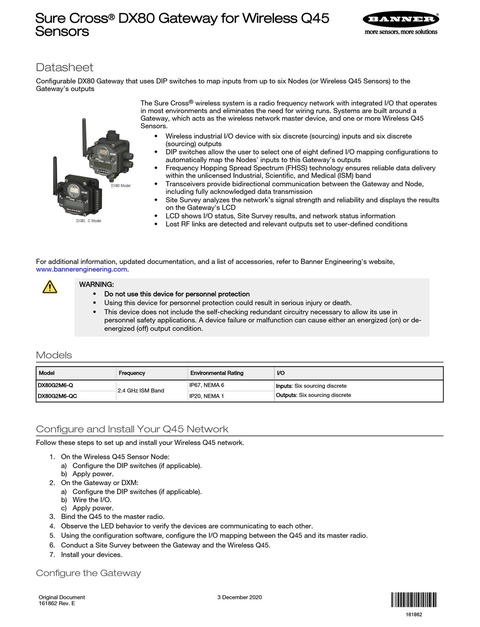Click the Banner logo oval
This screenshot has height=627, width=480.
click(400, 20)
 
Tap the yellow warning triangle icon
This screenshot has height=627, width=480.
click(50, 287)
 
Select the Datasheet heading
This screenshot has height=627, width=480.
click(65, 67)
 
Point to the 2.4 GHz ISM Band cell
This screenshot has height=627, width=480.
click(141, 391)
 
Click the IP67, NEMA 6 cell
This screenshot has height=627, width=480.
click(206, 385)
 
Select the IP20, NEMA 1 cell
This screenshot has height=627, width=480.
click(206, 396)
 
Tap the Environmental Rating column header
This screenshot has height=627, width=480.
click(216, 373)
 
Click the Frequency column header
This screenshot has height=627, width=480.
click(132, 373)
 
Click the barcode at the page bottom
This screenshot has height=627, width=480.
click(413, 600)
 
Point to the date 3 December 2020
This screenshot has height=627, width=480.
click(239, 597)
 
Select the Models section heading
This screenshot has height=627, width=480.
click(54, 355)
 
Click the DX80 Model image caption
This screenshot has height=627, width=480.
click(121, 186)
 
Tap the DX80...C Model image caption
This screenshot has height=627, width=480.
click(88, 221)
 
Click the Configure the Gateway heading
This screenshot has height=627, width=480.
click(88, 573)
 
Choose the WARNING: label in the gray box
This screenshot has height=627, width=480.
click(97, 285)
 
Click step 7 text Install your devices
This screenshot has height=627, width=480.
click(91, 554)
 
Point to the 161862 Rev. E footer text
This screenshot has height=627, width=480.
click(57, 603)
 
